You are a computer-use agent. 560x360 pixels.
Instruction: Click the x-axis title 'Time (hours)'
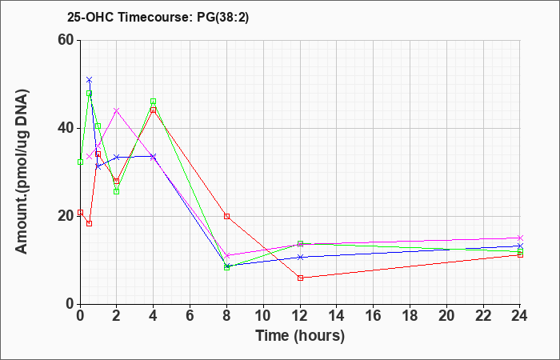300,335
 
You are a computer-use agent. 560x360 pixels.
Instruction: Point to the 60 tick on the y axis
65,40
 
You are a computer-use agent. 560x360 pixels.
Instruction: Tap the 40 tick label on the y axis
65,128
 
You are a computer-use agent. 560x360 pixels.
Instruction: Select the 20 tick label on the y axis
65,216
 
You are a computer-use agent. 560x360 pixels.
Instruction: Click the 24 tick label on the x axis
520,315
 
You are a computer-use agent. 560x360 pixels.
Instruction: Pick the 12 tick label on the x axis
300,315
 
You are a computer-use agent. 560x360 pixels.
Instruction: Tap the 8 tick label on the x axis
227,315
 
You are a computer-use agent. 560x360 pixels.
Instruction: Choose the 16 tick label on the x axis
374,315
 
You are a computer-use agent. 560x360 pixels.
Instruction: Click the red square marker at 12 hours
300,278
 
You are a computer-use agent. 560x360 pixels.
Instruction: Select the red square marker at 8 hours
227,216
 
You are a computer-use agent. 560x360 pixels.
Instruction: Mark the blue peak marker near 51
89,80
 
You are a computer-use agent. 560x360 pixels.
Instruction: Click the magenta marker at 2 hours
117,110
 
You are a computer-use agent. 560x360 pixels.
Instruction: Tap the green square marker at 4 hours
154,102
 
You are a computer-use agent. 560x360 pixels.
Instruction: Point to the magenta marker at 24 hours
520,238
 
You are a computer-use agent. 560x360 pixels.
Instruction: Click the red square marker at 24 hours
520,254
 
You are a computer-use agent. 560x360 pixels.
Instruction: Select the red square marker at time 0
80,212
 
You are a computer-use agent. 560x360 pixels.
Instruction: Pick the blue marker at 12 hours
300,257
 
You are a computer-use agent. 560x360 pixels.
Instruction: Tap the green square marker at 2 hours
117,191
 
